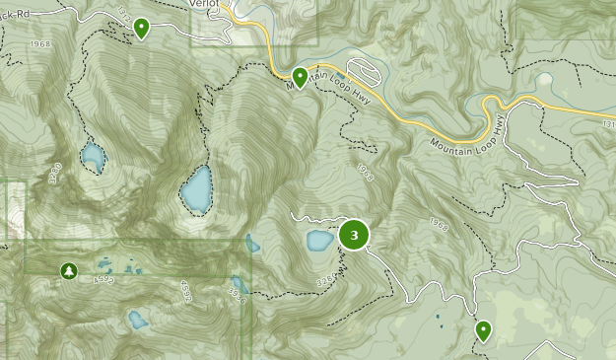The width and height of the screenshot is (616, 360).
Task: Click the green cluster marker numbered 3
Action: coord(354,235)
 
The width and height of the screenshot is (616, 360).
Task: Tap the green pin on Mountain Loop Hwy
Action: coord(300,75)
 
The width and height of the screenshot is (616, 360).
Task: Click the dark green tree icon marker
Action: coord(68,270)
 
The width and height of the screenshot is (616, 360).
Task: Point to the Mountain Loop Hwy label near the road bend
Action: coord(468,130)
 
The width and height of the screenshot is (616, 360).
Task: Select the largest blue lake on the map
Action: coord(195,188)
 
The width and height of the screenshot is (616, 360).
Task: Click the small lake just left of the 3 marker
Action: coord(319,241)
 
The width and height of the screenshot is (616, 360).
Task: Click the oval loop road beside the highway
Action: coord(363,73)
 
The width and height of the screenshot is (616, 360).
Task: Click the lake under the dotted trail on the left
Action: coord(93,155)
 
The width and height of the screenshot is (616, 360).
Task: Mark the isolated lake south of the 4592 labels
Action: coord(138,319)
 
